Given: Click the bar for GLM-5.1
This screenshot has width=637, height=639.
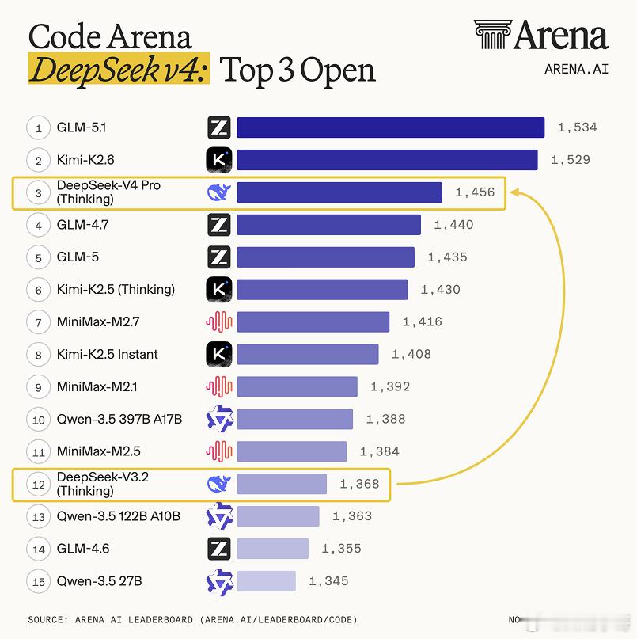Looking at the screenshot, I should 390,127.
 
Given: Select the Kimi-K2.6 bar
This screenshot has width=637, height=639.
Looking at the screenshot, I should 387,160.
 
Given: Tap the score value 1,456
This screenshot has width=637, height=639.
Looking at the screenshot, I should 475,192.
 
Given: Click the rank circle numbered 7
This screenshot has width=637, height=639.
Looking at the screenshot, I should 38,322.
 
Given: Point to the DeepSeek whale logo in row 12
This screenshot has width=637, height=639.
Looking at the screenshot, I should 218,484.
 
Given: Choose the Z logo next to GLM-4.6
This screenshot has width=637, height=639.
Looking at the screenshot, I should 218,549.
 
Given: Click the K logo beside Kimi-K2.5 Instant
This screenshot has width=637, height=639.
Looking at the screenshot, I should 218,354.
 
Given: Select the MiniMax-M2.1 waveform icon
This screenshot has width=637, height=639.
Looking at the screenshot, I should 218,386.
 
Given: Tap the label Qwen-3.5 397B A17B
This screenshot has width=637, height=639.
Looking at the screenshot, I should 119,419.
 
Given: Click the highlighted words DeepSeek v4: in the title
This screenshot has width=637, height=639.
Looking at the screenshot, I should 119,70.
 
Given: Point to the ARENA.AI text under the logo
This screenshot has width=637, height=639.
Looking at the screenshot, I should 576,69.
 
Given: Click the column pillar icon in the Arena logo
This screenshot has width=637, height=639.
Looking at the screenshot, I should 491,35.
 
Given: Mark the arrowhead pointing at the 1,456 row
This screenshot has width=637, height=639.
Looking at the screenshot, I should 514,192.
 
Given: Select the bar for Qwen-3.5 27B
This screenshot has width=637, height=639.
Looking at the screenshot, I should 266,581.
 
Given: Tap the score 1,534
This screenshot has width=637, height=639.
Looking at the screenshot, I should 577,127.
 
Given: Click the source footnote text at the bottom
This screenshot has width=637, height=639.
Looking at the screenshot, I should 192,619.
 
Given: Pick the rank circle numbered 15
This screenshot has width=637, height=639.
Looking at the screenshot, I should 38,581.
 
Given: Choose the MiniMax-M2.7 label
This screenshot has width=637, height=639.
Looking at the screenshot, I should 99,322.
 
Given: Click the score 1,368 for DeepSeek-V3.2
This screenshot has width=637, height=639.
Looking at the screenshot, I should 359,484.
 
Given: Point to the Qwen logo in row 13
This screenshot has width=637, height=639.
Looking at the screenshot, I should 218,516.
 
